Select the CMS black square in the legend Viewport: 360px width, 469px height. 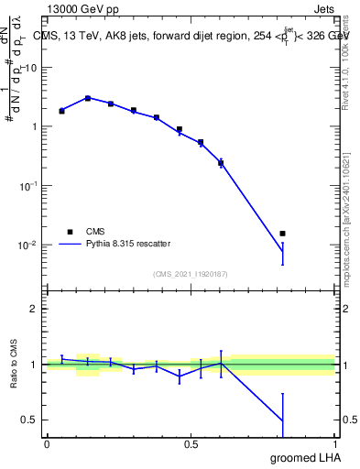pos(70,232)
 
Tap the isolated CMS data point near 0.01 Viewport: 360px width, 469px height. pos(282,234)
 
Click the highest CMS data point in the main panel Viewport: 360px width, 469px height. pos(88,98)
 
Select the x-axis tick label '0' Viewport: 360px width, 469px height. pos(47,444)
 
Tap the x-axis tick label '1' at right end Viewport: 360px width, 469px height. pos(334,444)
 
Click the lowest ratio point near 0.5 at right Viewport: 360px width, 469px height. pos(282,421)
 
